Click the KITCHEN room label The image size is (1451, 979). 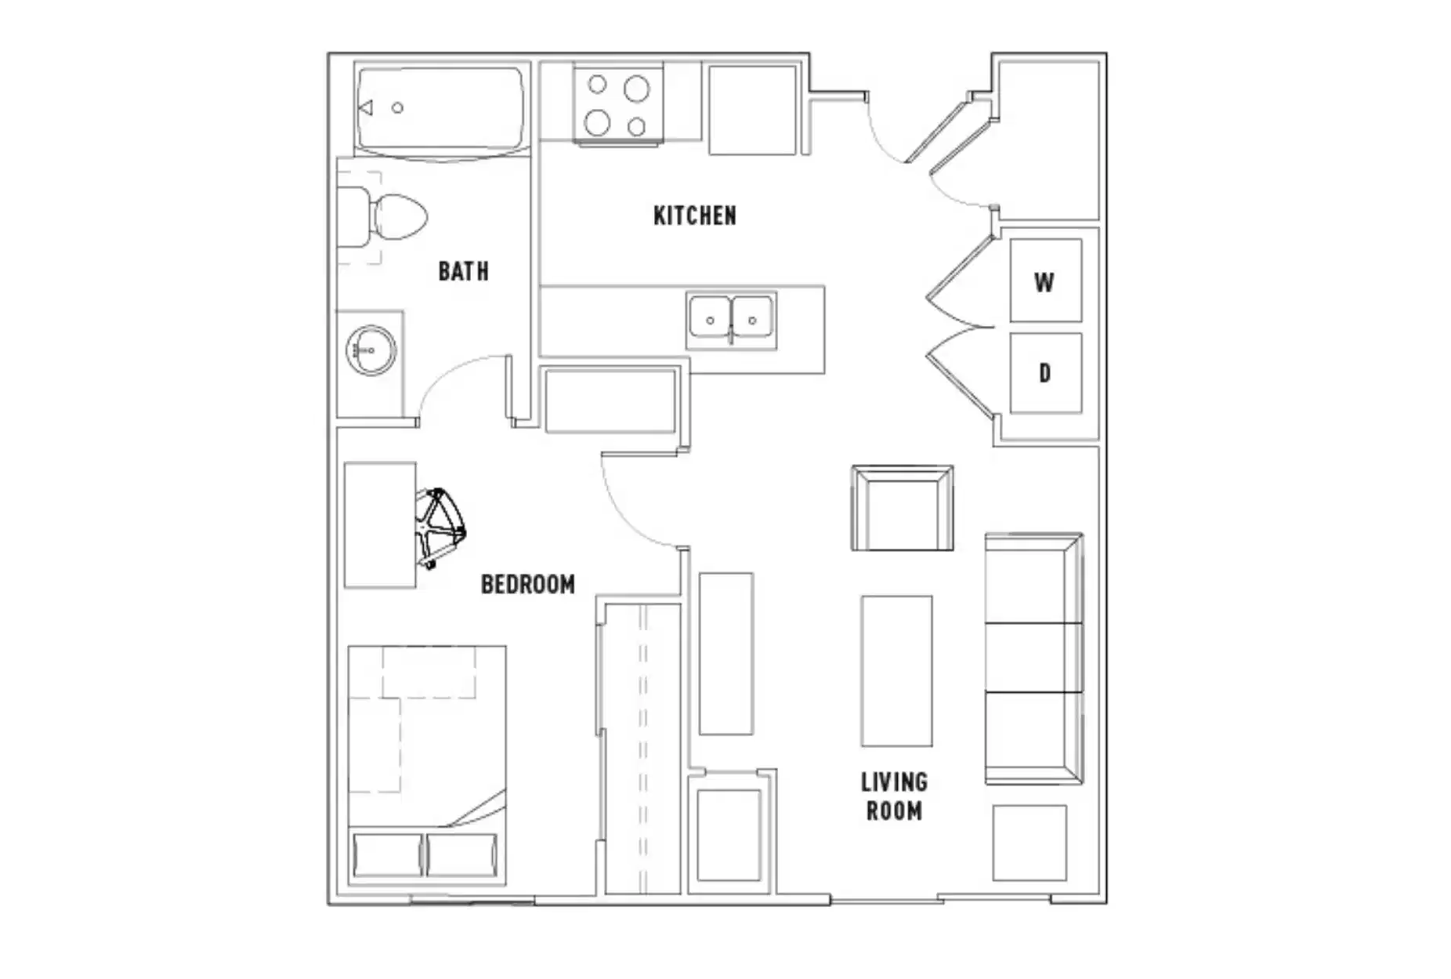click(694, 216)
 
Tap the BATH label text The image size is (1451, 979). click(463, 271)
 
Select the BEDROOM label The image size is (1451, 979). click(527, 584)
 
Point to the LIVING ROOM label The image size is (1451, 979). click(894, 796)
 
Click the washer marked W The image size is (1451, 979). click(1045, 281)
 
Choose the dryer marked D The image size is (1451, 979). click(1045, 373)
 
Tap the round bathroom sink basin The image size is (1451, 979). click(371, 350)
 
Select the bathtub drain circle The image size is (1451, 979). click(397, 108)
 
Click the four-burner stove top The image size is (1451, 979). click(617, 105)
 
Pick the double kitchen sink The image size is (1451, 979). click(731, 321)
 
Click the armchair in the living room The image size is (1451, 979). click(902, 509)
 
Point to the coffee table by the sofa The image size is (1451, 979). click(896, 671)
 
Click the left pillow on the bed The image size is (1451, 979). click(387, 854)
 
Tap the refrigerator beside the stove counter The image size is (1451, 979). click(752, 110)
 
